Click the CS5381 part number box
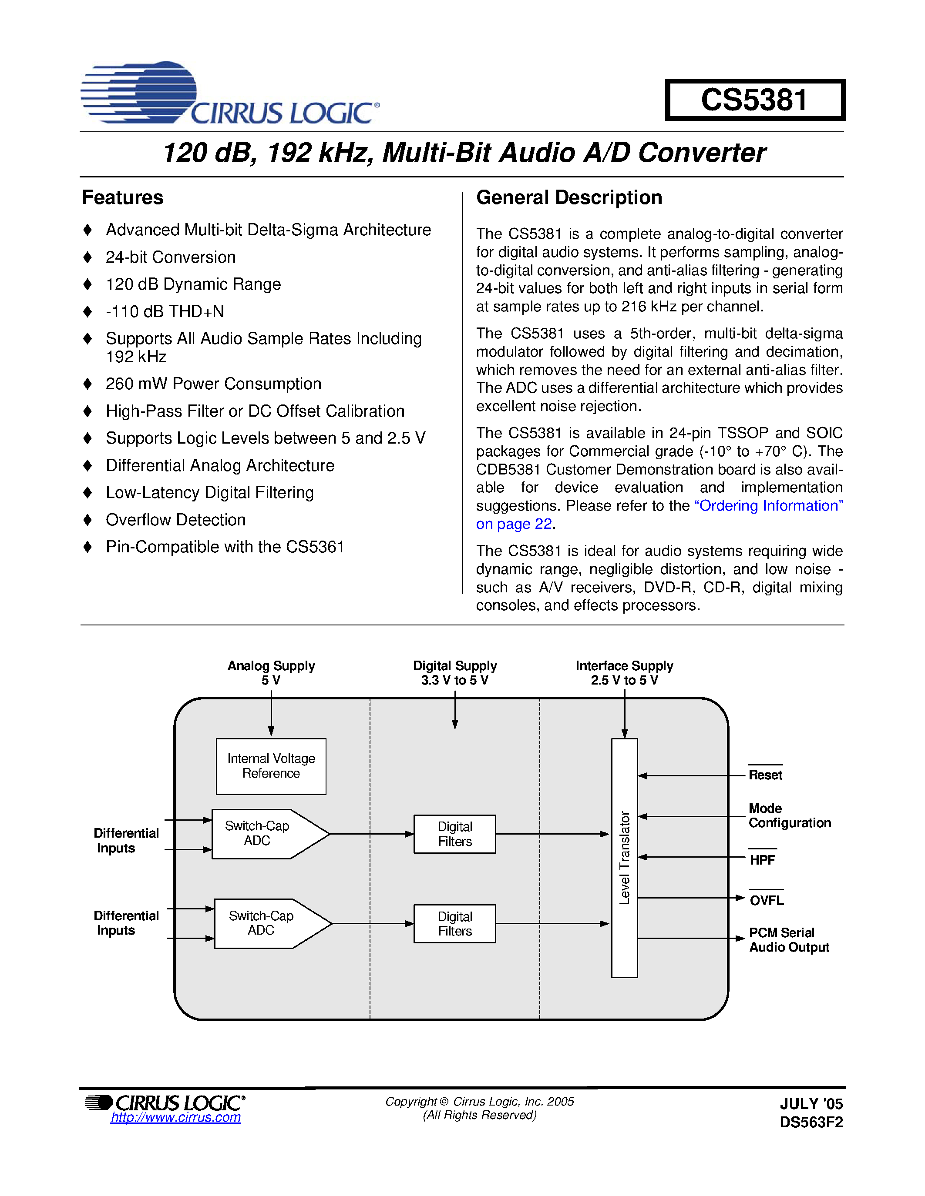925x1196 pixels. (x=754, y=100)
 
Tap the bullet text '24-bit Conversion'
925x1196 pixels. (x=171, y=257)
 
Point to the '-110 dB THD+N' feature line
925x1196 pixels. (x=165, y=311)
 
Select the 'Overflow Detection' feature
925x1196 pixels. (x=175, y=520)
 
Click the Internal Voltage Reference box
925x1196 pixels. (x=271, y=765)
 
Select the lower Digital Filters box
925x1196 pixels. (x=454, y=923)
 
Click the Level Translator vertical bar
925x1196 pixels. (x=624, y=858)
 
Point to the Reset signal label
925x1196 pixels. (x=765, y=775)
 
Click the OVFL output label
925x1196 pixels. (x=766, y=900)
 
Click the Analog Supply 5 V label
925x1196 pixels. (x=271, y=672)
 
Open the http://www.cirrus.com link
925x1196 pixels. (x=175, y=1117)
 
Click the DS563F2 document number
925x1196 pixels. (x=811, y=1122)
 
